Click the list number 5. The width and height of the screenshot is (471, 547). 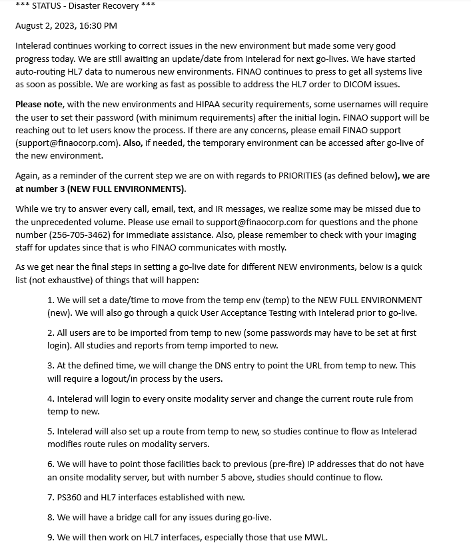click(x=51, y=431)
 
